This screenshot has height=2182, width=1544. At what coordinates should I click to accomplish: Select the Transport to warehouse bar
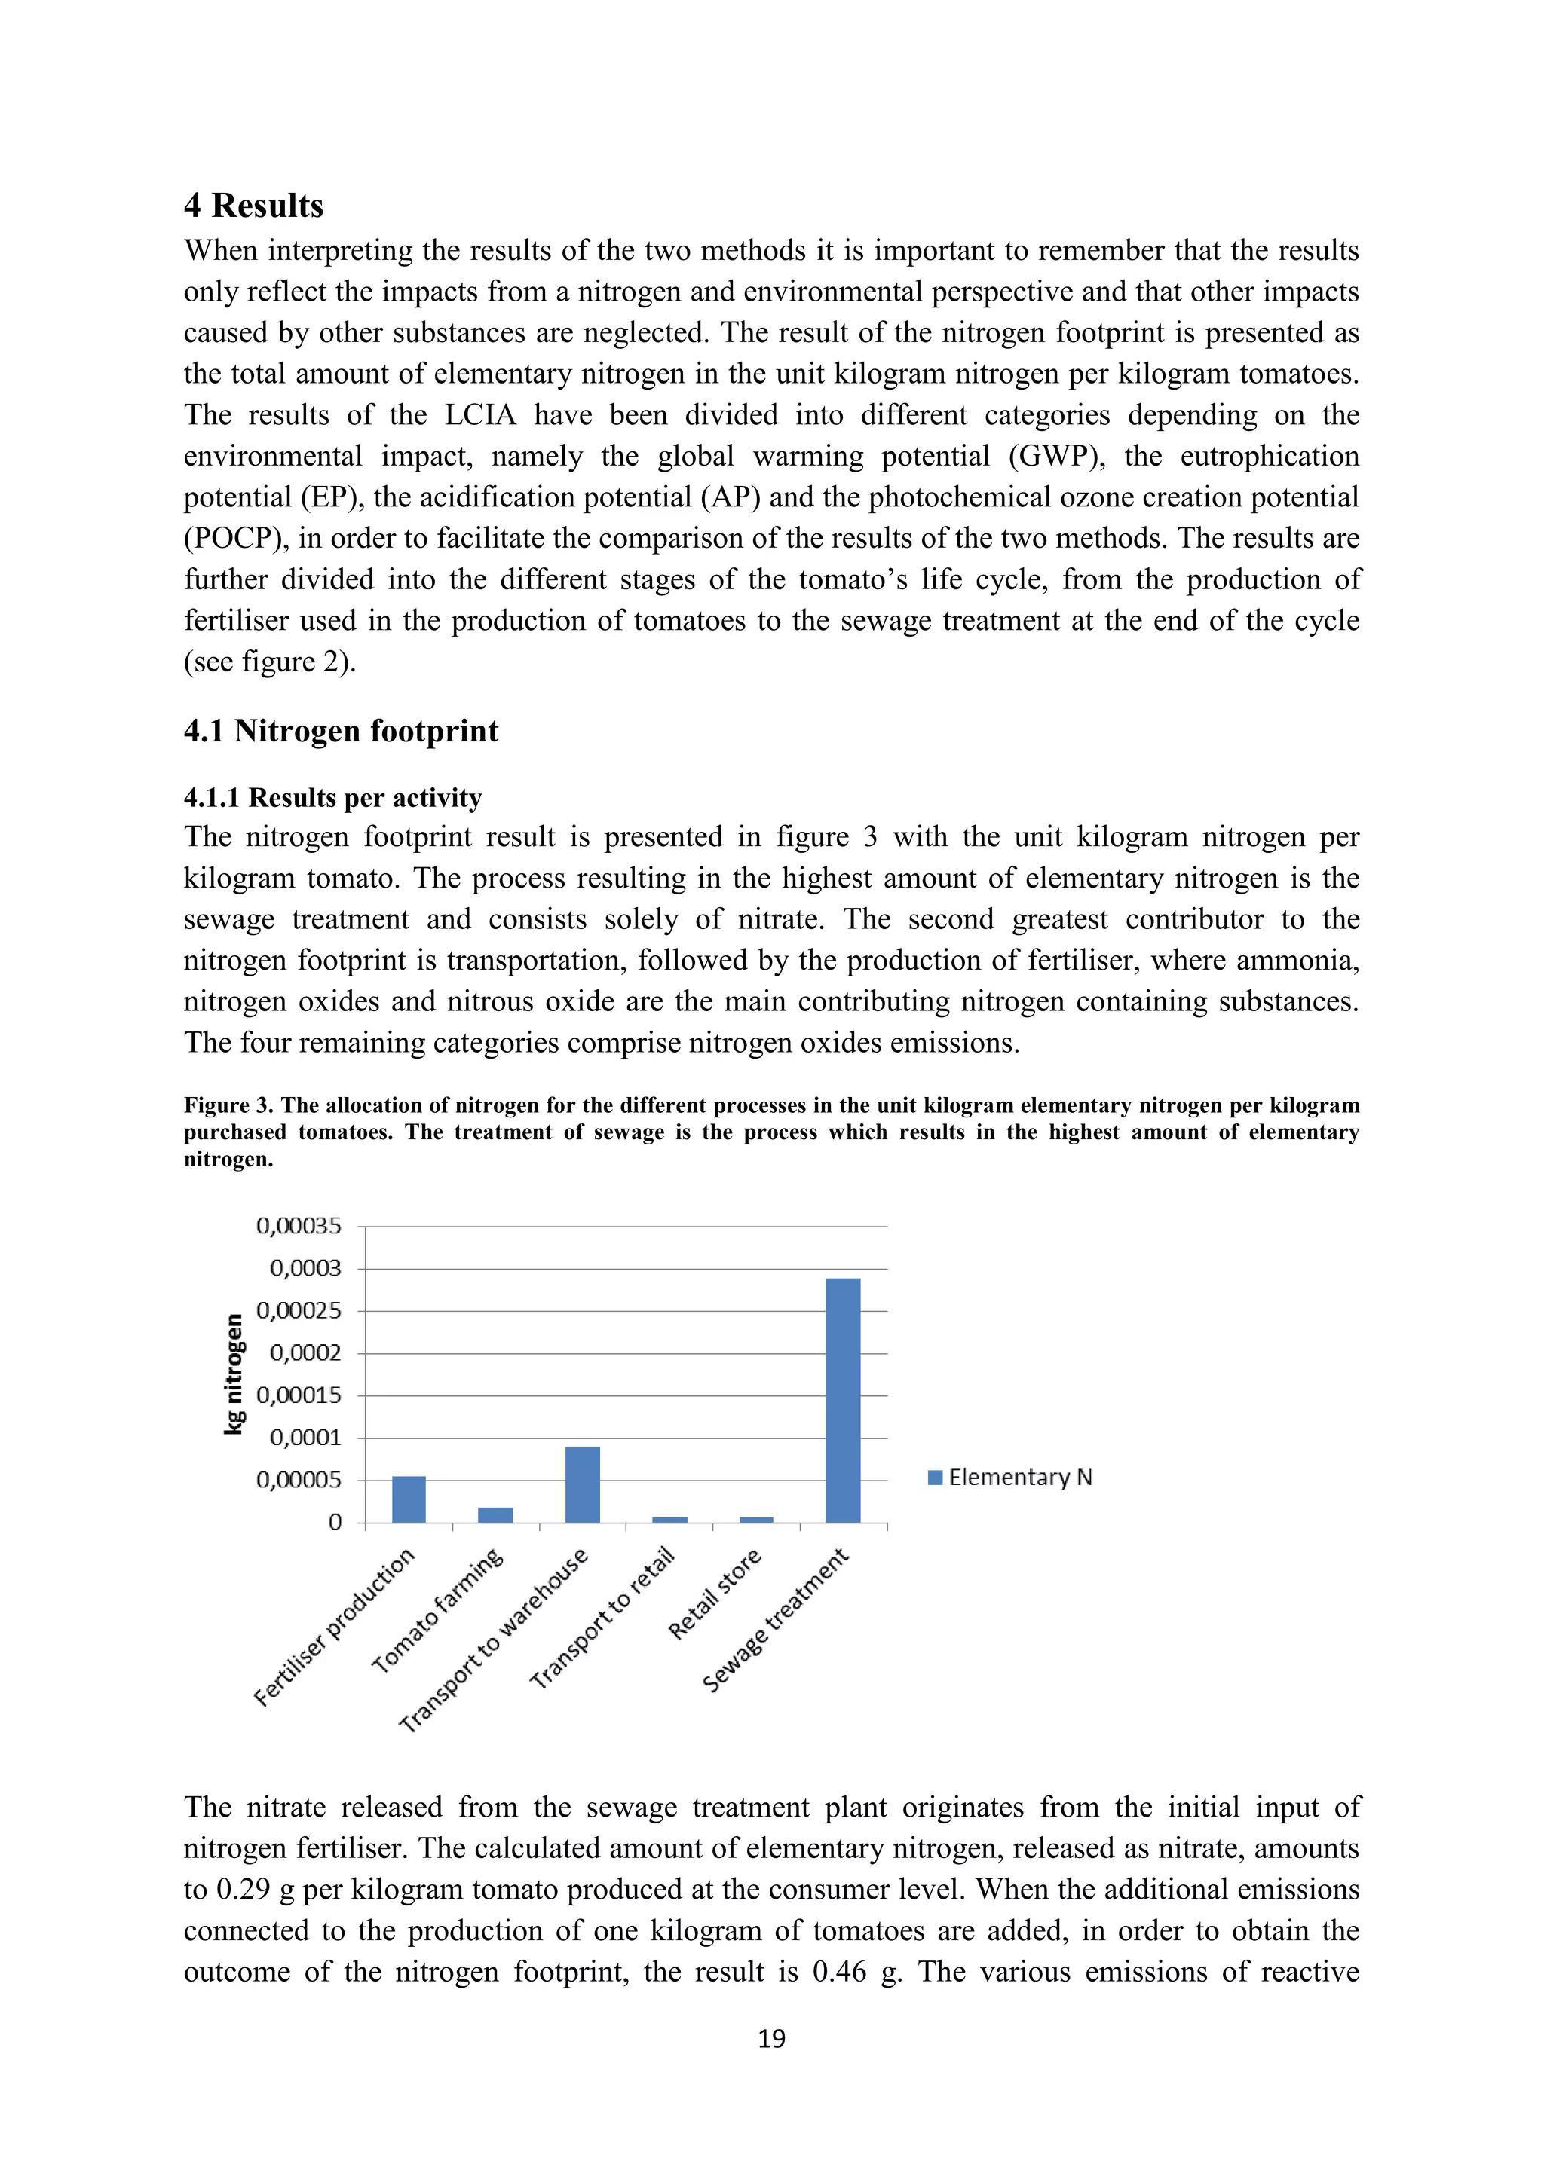[582, 1484]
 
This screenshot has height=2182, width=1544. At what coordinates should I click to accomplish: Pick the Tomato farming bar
[495, 1515]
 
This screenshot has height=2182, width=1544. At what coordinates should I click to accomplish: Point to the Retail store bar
[756, 1520]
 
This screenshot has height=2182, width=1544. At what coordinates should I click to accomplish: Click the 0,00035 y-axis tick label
[299, 1226]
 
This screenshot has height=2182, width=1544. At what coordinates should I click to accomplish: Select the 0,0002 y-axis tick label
[305, 1352]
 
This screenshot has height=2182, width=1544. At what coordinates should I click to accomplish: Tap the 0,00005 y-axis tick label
[299, 1480]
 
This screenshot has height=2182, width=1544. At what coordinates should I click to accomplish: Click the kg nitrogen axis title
[234, 1374]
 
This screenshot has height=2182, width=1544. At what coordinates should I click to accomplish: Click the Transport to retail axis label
[603, 1618]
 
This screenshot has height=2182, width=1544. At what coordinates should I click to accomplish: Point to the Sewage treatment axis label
[775, 1621]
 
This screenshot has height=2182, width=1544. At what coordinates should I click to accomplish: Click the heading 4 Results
[254, 205]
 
